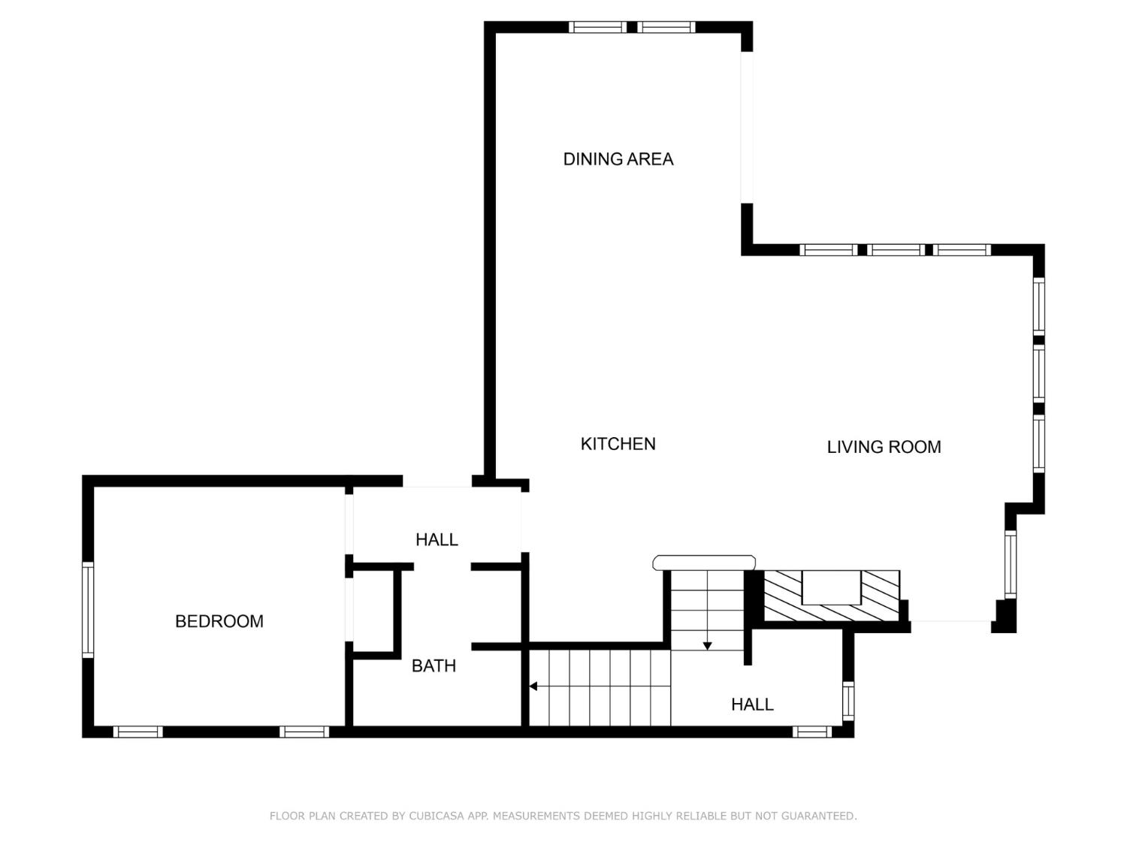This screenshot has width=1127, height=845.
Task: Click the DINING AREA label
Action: pyautogui.click(x=618, y=158)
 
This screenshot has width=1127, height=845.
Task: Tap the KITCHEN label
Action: pyautogui.click(x=618, y=444)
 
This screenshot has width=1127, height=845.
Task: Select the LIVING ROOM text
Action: pyautogui.click(x=884, y=447)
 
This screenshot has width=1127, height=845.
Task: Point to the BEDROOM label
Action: pyautogui.click(x=219, y=621)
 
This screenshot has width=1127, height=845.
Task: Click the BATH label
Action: pyautogui.click(x=434, y=665)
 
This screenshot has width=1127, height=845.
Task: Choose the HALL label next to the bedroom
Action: pyautogui.click(x=437, y=539)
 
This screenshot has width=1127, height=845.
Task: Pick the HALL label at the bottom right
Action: pyautogui.click(x=752, y=705)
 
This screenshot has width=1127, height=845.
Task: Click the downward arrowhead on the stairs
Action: pyautogui.click(x=707, y=646)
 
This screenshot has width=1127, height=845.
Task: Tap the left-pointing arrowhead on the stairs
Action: pyautogui.click(x=533, y=686)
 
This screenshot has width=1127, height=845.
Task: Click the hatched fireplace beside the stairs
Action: pyautogui.click(x=832, y=596)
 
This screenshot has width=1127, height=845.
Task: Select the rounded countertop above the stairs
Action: pyautogui.click(x=704, y=563)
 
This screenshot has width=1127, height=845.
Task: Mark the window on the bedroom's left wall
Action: pyautogui.click(x=88, y=610)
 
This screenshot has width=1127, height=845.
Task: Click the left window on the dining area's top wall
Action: pyautogui.click(x=597, y=27)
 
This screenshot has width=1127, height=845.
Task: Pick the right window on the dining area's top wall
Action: pyautogui.click(x=667, y=27)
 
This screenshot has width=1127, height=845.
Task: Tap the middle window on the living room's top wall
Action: pyautogui.click(x=896, y=250)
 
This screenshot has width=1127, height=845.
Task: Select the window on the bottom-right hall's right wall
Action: pyautogui.click(x=848, y=701)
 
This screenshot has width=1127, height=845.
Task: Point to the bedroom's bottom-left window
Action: pyautogui.click(x=137, y=732)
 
